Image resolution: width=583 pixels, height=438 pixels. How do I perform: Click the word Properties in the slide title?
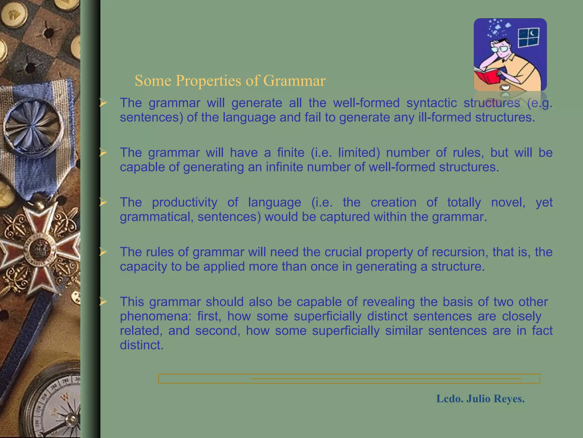click(208, 81)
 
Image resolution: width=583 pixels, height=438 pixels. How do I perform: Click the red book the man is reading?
click(487, 75)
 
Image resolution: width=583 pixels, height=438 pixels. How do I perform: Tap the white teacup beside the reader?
click(505, 87)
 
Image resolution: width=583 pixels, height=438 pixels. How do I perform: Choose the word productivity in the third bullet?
click(184, 202)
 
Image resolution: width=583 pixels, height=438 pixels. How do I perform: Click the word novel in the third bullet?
click(508, 202)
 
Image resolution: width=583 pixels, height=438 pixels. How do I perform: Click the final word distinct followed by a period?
click(141, 345)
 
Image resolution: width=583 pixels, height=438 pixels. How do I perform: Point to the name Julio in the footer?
click(478, 399)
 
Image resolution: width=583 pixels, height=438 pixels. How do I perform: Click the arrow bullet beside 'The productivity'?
click(103, 202)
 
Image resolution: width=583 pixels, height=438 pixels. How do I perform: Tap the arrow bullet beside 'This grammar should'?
click(103, 301)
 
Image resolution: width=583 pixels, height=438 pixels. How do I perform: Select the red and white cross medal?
click(40, 248)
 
